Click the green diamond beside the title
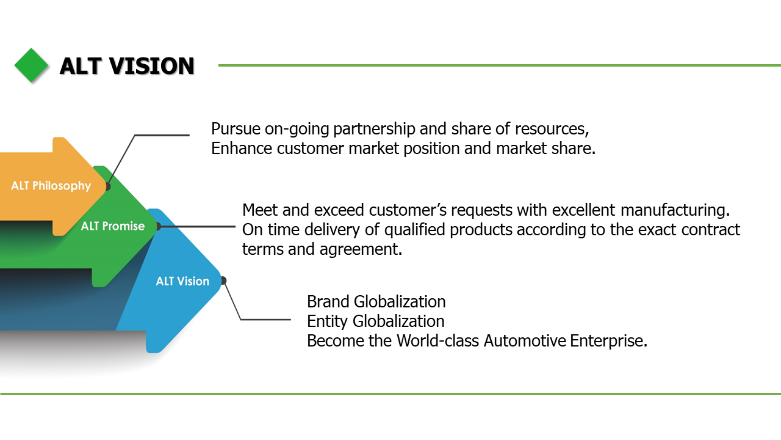click(31, 65)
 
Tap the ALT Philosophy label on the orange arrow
click(51, 186)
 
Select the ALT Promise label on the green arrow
click(113, 226)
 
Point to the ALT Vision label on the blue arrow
click(182, 281)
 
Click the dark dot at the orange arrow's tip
click(107, 186)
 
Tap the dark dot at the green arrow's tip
click(157, 226)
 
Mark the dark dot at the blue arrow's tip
click(223, 280)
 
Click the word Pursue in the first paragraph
click(233, 129)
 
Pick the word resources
click(551, 129)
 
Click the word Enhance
click(242, 148)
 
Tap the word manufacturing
click(675, 210)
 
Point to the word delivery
click(317, 230)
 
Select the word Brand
click(328, 302)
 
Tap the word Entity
click(328, 321)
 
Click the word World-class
click(437, 341)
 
